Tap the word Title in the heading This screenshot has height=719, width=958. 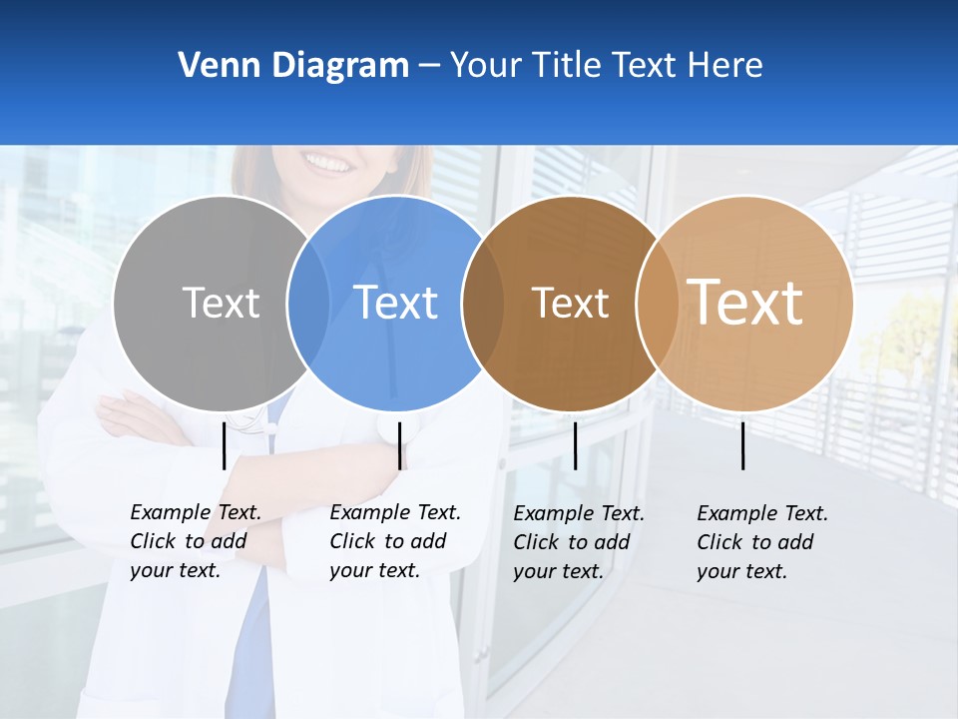(x=567, y=66)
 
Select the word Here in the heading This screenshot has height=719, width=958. (x=725, y=66)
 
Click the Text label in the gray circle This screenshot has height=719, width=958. (x=221, y=303)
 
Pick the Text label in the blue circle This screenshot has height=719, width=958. (x=395, y=303)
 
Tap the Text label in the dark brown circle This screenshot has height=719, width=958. (x=570, y=303)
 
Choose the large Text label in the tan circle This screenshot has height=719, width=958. (x=745, y=302)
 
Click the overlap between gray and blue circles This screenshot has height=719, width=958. (x=308, y=303)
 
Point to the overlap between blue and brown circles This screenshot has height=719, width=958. (x=483, y=303)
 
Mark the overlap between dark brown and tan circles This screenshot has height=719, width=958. (x=658, y=303)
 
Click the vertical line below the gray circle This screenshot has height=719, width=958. (x=225, y=445)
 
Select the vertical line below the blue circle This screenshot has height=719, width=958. (x=399, y=445)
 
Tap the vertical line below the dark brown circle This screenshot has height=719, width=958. (x=575, y=445)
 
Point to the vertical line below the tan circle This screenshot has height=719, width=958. (x=742, y=445)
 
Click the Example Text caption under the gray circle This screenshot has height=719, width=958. (x=196, y=541)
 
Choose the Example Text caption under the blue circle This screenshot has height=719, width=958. (x=395, y=541)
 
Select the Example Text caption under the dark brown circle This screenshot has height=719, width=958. (x=579, y=542)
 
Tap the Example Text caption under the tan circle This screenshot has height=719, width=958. (x=762, y=542)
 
